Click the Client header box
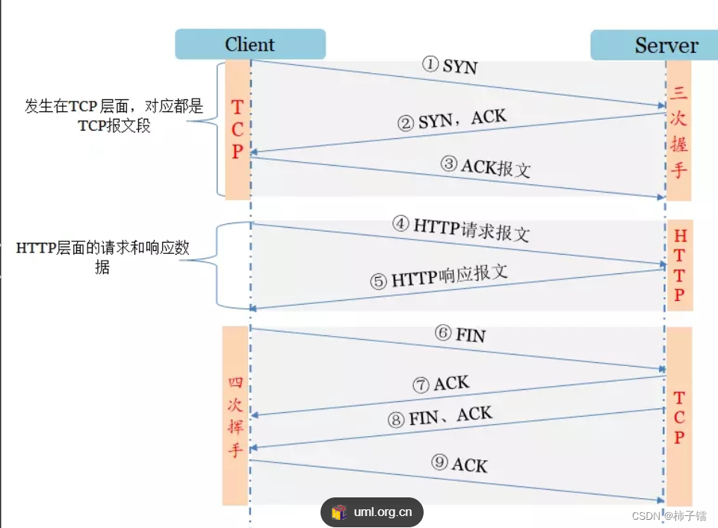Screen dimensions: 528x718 [250, 44]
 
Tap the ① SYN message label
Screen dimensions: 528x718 [450, 66]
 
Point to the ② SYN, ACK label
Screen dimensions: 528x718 [452, 119]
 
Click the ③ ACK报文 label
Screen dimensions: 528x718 [486, 167]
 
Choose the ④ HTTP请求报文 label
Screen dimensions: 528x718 [460, 228]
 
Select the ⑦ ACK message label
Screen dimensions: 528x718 [441, 385]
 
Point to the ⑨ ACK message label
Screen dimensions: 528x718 [459, 464]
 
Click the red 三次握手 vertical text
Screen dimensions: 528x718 [678, 131]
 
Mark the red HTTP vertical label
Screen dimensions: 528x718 [679, 266]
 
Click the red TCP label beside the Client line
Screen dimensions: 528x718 [237, 129]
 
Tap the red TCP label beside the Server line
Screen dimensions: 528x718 [679, 417]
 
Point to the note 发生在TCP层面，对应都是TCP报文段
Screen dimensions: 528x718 [114, 116]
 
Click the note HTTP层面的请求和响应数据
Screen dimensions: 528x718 [103, 258]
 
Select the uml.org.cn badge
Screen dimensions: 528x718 [372, 512]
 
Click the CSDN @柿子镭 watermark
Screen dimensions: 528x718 [669, 516]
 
